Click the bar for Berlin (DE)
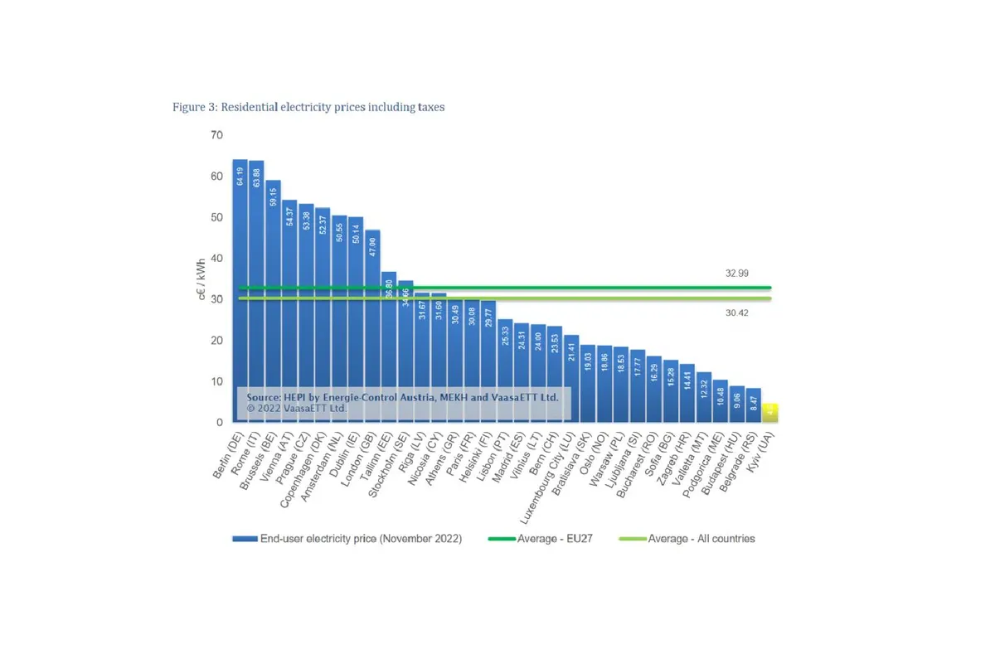click(x=240, y=290)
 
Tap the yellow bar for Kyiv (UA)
click(x=770, y=412)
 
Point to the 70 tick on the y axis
click(x=216, y=135)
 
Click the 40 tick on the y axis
click(x=216, y=259)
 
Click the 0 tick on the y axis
click(x=220, y=423)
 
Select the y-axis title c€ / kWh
click(x=202, y=279)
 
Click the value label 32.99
click(x=735, y=273)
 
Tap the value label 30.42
click(x=735, y=313)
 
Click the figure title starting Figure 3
click(x=308, y=107)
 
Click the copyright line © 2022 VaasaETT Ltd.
click(x=296, y=408)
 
